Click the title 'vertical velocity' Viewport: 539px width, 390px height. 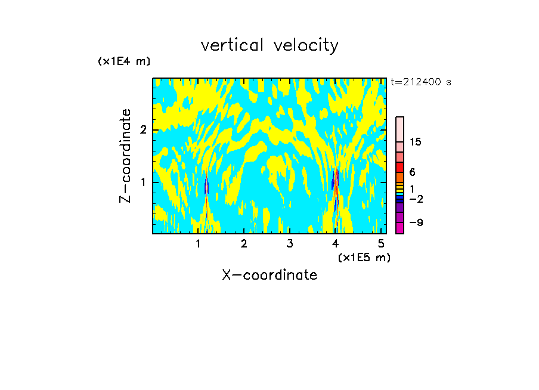tap(269, 45)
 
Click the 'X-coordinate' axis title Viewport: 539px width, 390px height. tap(269, 275)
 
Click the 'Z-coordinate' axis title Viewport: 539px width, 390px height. tap(125, 156)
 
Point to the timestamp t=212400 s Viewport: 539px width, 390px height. tap(421, 82)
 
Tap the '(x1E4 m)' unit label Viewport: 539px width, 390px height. tap(124, 61)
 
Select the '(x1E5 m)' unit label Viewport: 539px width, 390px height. tap(364, 257)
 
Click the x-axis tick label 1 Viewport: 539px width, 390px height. tap(198, 243)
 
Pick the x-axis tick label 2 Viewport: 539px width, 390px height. tap(244, 243)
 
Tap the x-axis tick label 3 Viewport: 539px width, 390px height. tap(290, 243)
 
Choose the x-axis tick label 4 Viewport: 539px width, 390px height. tap(336, 243)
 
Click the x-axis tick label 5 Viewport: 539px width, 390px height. tap(382, 243)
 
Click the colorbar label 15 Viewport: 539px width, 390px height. tap(416, 142)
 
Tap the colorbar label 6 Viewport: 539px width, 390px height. tap(412, 172)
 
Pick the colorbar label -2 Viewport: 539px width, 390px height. tap(415, 199)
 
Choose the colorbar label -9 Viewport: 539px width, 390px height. tap(415, 223)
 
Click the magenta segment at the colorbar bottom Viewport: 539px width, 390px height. tap(399, 228)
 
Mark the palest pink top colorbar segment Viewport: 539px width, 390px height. tap(399, 129)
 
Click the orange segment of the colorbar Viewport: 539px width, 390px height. tap(399, 177)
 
